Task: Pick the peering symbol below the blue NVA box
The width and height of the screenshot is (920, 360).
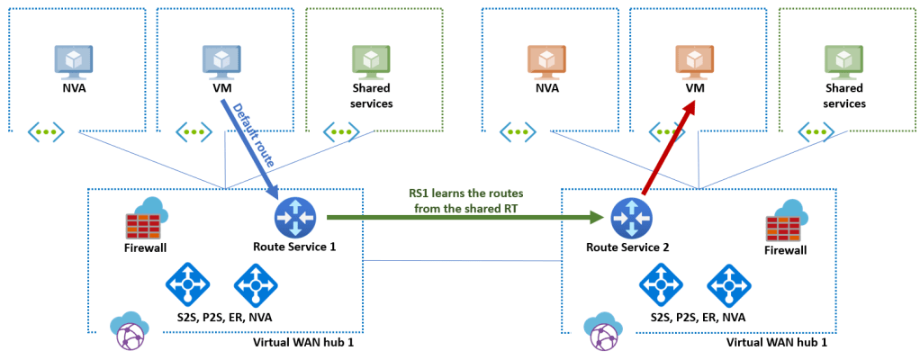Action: tap(46, 132)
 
